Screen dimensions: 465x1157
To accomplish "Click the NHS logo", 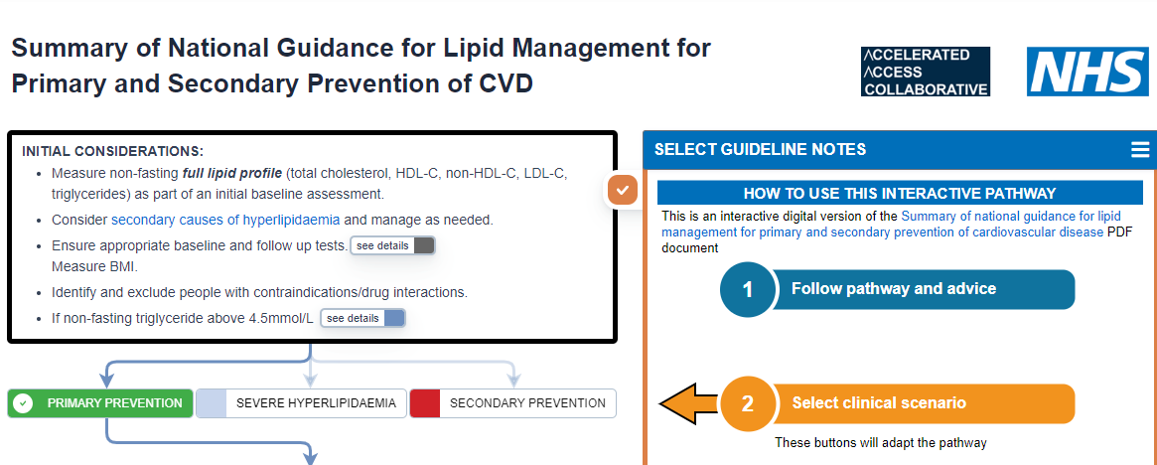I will click(x=1086, y=72).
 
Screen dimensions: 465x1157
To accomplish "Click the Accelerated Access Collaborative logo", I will click(x=925, y=72).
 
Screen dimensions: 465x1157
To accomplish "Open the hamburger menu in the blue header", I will click(x=1139, y=150).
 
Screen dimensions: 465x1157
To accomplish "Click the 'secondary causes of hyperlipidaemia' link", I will click(x=225, y=220).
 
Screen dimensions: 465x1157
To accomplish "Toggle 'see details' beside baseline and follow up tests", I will click(x=392, y=245).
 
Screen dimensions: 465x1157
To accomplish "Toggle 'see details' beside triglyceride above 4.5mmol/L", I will click(x=362, y=318).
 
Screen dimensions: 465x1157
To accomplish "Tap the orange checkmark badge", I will click(x=623, y=189).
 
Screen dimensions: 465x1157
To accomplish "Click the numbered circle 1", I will click(x=747, y=290).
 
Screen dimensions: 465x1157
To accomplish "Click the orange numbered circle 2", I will click(x=747, y=404).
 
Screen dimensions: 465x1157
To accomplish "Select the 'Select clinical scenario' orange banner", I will click(x=924, y=403).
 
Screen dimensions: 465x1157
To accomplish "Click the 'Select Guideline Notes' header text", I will click(x=760, y=150).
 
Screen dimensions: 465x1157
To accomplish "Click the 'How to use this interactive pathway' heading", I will click(x=899, y=194).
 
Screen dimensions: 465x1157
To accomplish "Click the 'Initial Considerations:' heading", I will click(x=112, y=151).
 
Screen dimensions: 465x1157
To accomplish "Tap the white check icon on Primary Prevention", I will click(x=24, y=403).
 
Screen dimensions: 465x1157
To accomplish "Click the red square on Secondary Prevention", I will click(x=425, y=403).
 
